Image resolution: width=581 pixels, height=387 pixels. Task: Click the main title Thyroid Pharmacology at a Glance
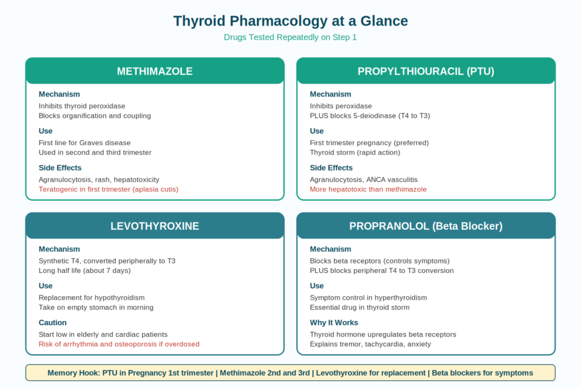point(290,21)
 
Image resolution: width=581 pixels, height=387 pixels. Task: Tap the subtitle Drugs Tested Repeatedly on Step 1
point(290,37)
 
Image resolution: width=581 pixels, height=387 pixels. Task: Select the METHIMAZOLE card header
point(155,71)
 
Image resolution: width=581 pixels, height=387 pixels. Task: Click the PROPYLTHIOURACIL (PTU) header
point(426,71)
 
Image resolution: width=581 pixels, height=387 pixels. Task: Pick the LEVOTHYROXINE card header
point(155,226)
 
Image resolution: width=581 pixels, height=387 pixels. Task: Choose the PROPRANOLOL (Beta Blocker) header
point(426,226)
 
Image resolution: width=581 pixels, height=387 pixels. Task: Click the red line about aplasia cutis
point(108,190)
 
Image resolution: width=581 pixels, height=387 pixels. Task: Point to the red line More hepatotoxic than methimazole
point(368,190)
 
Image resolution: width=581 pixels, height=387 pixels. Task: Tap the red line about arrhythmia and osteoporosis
point(119,344)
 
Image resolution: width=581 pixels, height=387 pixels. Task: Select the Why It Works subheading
point(334,323)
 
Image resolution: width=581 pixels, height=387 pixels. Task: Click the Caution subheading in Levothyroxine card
point(53,323)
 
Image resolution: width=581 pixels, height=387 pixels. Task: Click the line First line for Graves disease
point(85,143)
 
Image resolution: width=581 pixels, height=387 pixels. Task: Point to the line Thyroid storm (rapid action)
point(355,153)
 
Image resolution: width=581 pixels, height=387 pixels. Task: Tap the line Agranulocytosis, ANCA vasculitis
point(364,180)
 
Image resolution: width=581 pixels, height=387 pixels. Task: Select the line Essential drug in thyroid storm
point(360,308)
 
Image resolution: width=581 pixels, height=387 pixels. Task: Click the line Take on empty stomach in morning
point(96,308)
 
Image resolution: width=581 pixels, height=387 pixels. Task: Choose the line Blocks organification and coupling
point(95,116)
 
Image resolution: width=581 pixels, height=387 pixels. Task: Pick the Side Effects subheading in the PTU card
point(331,168)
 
